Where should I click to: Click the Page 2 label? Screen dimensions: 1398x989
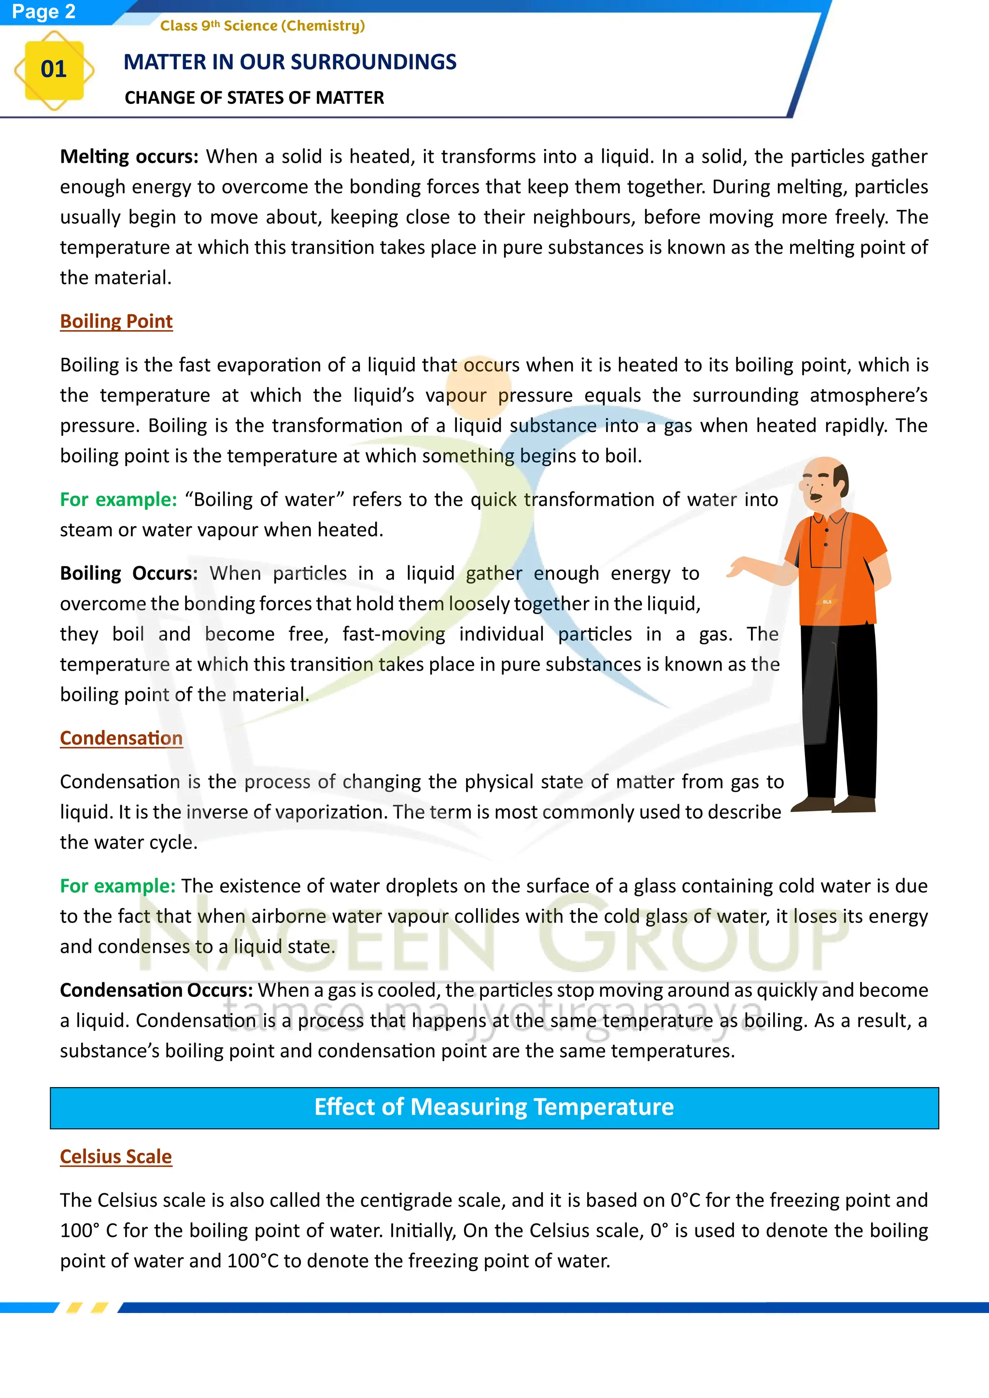click(x=43, y=12)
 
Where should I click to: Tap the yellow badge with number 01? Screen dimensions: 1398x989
click(x=54, y=70)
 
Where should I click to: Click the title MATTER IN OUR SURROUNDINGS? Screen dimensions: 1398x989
click(x=290, y=62)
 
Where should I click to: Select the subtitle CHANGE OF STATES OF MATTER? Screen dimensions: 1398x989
click(x=254, y=98)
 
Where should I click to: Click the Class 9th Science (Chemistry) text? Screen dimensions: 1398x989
click(x=263, y=26)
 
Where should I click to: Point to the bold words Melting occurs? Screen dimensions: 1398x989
click(x=129, y=156)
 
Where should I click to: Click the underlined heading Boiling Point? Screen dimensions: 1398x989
click(x=116, y=322)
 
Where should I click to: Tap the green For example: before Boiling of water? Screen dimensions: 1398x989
click(x=118, y=499)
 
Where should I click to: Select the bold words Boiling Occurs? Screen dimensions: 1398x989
click(x=128, y=573)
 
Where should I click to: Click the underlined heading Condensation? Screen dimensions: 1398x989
click(x=121, y=738)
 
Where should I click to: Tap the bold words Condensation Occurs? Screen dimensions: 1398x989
click(x=156, y=990)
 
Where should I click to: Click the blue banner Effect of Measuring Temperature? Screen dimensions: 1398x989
click(x=494, y=1107)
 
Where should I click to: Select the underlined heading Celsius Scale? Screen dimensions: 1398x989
click(x=116, y=1156)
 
